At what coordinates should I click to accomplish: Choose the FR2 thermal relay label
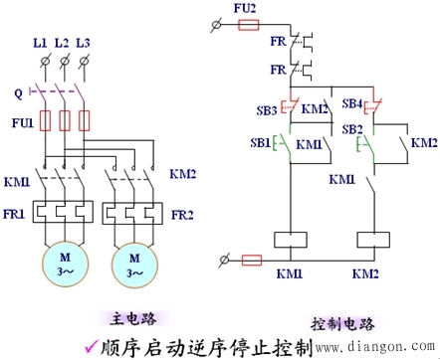(x=182, y=212)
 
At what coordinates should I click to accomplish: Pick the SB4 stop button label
(x=351, y=103)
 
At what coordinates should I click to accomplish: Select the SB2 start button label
(x=350, y=130)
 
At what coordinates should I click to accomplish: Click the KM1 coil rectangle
(x=289, y=240)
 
